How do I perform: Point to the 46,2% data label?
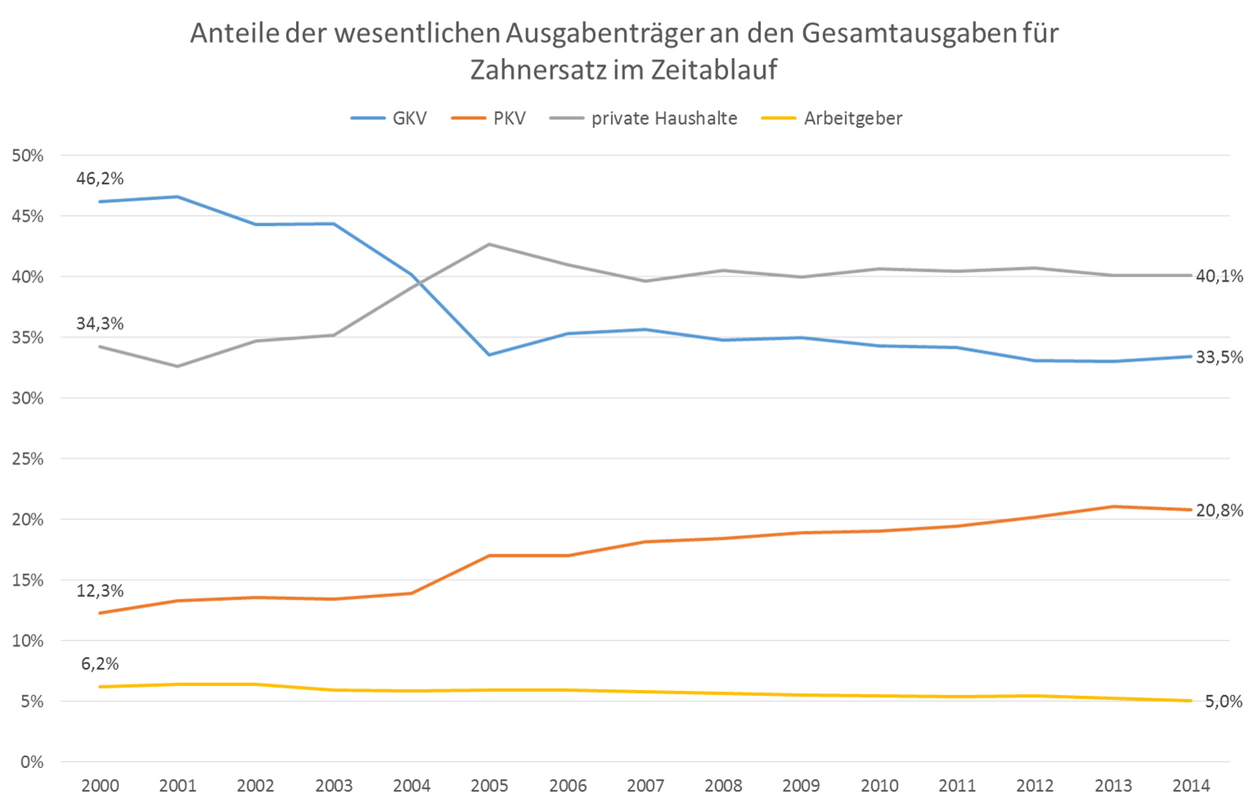pyautogui.click(x=100, y=179)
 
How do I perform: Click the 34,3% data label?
pyautogui.click(x=100, y=324)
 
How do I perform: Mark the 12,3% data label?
pyautogui.click(x=100, y=591)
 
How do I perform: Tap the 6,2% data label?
pyautogui.click(x=100, y=664)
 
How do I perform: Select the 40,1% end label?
pyautogui.click(x=1219, y=276)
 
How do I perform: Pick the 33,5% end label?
pyautogui.click(x=1219, y=358)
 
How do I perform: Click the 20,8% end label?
pyautogui.click(x=1219, y=511)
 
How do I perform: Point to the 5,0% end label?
pyautogui.click(x=1223, y=702)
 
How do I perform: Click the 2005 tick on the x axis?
pyautogui.click(x=489, y=786)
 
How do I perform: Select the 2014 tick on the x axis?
pyautogui.click(x=1191, y=786)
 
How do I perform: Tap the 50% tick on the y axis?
pyautogui.click(x=27, y=156)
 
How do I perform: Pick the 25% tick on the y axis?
pyautogui.click(x=27, y=459)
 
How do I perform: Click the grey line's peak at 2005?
pyautogui.click(x=489, y=244)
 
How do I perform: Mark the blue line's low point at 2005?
pyautogui.click(x=489, y=354)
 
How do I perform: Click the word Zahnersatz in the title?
pyautogui.click(x=538, y=70)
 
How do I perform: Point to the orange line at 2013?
pyautogui.click(x=1113, y=506)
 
